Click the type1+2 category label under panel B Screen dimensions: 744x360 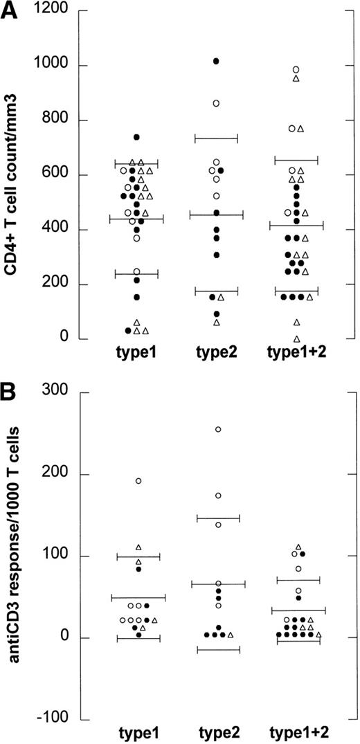(x=296, y=733)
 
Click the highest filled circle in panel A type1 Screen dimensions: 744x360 (x=136, y=137)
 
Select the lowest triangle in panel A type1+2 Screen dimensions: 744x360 (x=296, y=338)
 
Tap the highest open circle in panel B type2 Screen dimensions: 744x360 (x=218, y=429)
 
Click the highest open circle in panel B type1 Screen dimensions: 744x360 (x=138, y=480)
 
